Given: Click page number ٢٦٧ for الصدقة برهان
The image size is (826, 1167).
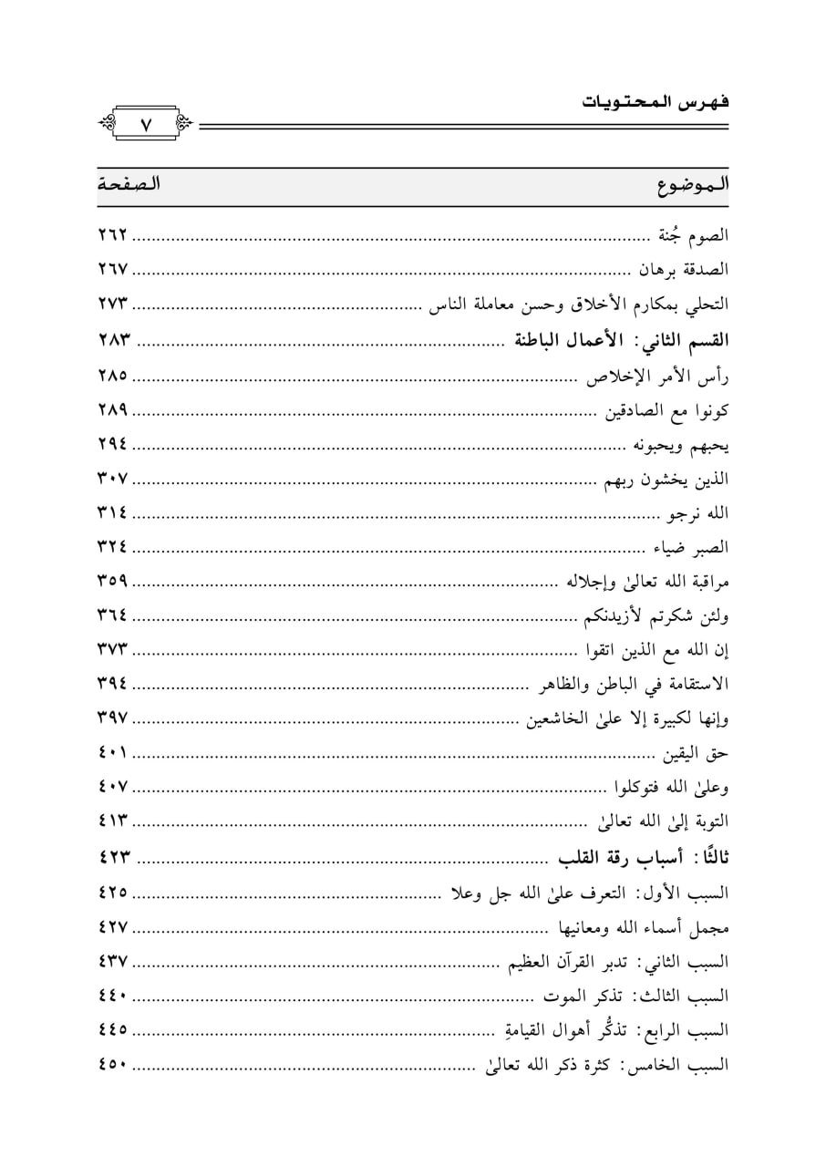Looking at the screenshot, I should point(114,270).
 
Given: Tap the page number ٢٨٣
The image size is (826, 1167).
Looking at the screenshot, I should point(114,340).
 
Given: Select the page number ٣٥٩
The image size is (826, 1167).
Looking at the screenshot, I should point(114,581).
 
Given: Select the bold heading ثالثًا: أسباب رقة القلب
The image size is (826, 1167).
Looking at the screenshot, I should point(644,857).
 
